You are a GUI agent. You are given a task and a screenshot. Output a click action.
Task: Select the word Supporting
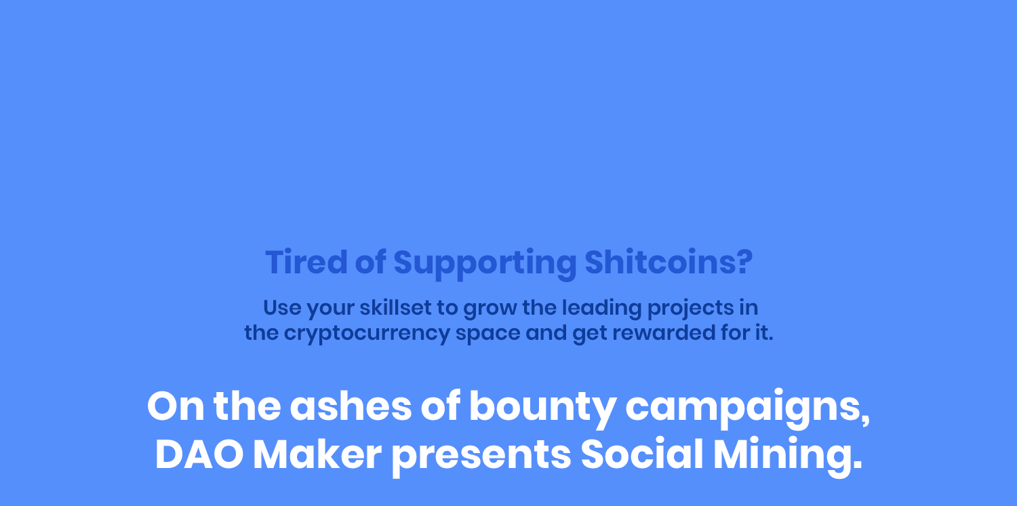[x=485, y=263]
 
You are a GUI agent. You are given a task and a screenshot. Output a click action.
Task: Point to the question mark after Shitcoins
[x=744, y=262]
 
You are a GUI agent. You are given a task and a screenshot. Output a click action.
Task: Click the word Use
[x=283, y=307]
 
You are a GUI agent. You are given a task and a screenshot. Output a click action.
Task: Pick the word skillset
[x=395, y=307]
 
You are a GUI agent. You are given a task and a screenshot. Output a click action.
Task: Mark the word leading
[x=602, y=309]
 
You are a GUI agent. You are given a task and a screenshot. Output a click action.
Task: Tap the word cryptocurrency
[x=367, y=334]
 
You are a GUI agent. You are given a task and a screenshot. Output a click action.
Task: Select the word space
[x=488, y=334]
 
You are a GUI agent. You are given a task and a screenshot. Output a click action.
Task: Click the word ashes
[x=351, y=406]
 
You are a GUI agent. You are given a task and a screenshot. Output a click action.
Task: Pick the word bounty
[x=542, y=408]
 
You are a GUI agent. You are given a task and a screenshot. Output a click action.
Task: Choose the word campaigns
[x=747, y=408]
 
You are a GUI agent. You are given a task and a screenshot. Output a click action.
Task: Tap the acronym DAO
[x=199, y=454]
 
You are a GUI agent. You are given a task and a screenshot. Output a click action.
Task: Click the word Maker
[x=317, y=454]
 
